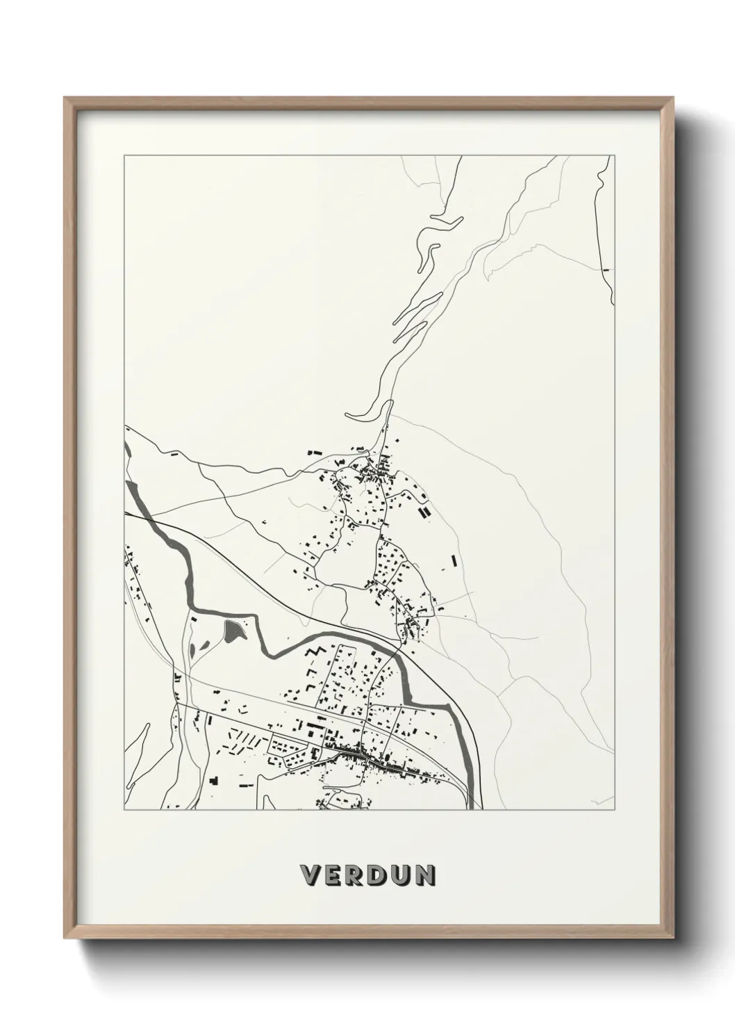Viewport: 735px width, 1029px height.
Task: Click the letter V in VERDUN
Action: click(310, 875)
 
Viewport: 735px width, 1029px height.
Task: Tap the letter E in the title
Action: click(333, 875)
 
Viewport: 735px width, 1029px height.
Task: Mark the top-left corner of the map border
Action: click(124, 156)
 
